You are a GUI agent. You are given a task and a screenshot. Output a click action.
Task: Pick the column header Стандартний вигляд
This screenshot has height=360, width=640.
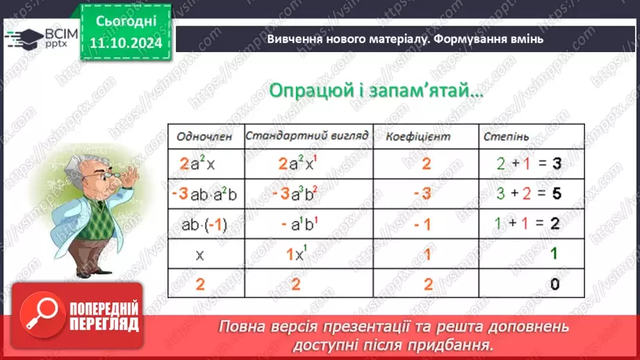coord(306,136)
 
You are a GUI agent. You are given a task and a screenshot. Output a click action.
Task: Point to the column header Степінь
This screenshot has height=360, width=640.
coord(502,137)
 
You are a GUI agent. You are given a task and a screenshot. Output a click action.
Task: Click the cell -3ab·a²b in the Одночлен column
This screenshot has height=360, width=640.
coord(204,194)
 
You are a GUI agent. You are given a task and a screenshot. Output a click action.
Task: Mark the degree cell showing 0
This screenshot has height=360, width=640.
coord(554,284)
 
